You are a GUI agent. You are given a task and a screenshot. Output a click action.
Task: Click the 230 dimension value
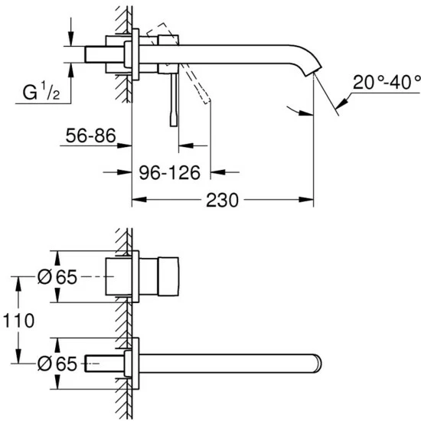coord(222,201)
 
